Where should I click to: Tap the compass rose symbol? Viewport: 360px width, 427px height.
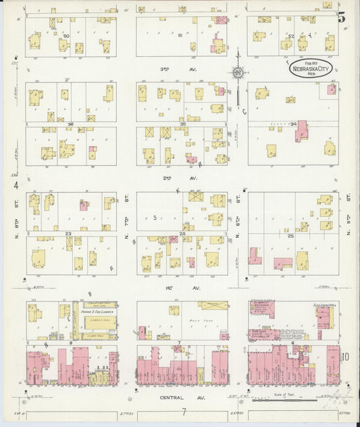pos(238,72)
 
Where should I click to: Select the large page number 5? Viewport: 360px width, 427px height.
pos(342,18)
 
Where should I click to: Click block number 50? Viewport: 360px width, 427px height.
pos(66,35)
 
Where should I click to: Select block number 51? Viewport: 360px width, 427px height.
pos(180,35)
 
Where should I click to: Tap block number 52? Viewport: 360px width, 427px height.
pos(291,36)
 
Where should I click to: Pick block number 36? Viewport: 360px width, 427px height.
pos(70,124)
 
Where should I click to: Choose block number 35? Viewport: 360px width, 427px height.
pos(182,124)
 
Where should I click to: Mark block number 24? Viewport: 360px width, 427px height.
pos(182,234)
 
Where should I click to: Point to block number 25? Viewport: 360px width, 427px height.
pos(291,236)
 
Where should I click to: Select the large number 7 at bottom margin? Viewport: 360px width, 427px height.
pos(183,411)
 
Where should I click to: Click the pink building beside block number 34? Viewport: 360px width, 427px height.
pos(302,131)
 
